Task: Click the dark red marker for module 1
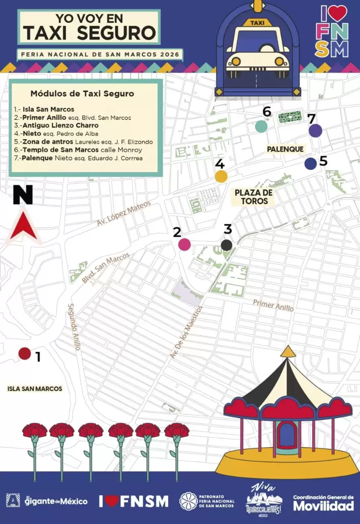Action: click(x=25, y=354)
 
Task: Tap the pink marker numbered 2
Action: click(x=184, y=245)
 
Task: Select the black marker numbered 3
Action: click(x=227, y=245)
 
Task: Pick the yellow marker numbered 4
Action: click(x=221, y=177)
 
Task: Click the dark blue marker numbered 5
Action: click(x=310, y=164)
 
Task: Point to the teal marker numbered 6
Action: click(x=261, y=126)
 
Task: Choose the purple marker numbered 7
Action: click(x=316, y=130)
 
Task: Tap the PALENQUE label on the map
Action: click(x=285, y=149)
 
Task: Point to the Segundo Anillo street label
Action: click(x=74, y=327)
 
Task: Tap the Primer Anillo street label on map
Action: click(x=273, y=305)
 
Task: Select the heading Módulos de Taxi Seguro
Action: click(x=82, y=94)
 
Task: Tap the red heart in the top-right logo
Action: click(x=338, y=13)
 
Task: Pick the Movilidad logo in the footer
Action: click(x=323, y=503)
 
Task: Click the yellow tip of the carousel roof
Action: click(x=288, y=351)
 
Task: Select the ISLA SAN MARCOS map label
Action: click(x=35, y=388)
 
